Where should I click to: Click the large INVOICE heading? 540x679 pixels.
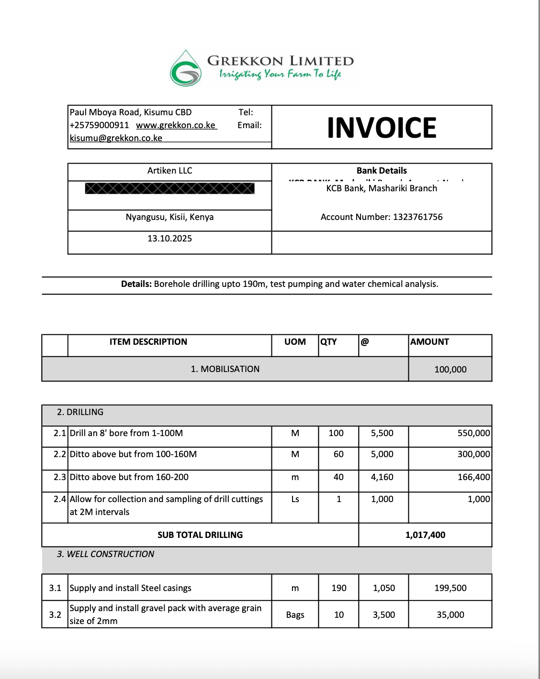(x=382, y=128)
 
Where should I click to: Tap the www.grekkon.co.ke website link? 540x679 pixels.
(x=176, y=125)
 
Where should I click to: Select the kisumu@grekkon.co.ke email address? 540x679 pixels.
(x=116, y=138)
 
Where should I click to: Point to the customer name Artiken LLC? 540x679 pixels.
(x=169, y=171)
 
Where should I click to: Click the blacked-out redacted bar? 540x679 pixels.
(x=169, y=188)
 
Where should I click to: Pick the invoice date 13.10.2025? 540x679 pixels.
(x=169, y=239)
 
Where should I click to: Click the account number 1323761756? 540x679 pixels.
(x=417, y=217)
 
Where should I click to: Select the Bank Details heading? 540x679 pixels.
(x=382, y=171)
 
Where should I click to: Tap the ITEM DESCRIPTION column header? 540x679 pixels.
(x=148, y=342)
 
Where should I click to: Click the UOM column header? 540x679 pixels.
(x=295, y=342)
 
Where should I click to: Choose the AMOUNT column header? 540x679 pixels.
(x=429, y=342)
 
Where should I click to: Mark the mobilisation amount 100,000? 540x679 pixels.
(x=450, y=370)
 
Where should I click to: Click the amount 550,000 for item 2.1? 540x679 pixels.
(x=473, y=433)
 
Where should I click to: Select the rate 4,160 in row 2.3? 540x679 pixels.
(x=382, y=477)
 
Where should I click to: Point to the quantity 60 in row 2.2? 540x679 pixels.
(x=338, y=454)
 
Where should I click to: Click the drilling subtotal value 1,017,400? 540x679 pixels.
(x=425, y=535)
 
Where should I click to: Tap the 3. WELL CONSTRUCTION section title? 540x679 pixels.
(x=105, y=554)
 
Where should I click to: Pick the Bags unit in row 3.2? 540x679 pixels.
(x=295, y=615)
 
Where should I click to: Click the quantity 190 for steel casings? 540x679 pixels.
(x=338, y=588)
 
